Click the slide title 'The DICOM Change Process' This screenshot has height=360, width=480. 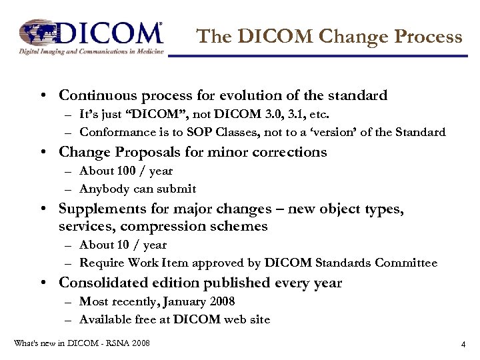(x=330, y=36)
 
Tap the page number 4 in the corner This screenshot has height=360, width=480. (x=463, y=345)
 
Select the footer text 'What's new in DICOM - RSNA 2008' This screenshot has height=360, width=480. (x=82, y=343)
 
